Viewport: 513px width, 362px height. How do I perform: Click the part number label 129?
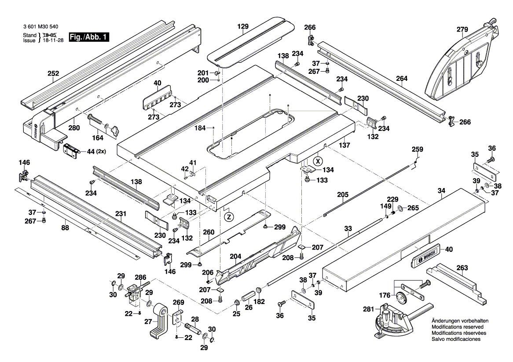click(243, 26)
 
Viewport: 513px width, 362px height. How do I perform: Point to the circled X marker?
click(319, 160)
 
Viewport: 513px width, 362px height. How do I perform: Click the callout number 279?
click(462, 29)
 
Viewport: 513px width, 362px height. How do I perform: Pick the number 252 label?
click(53, 74)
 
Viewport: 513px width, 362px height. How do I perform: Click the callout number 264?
click(402, 79)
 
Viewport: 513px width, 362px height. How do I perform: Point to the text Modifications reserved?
click(458, 328)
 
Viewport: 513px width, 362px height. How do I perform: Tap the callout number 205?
click(343, 195)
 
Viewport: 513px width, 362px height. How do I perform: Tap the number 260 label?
click(209, 232)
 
